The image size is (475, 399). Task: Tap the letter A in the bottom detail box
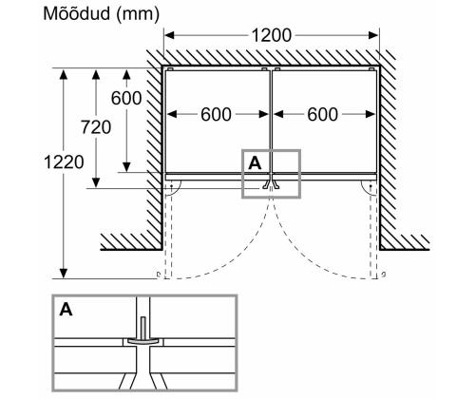[x=66, y=310]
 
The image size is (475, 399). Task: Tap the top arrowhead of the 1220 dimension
[x=63, y=73]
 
